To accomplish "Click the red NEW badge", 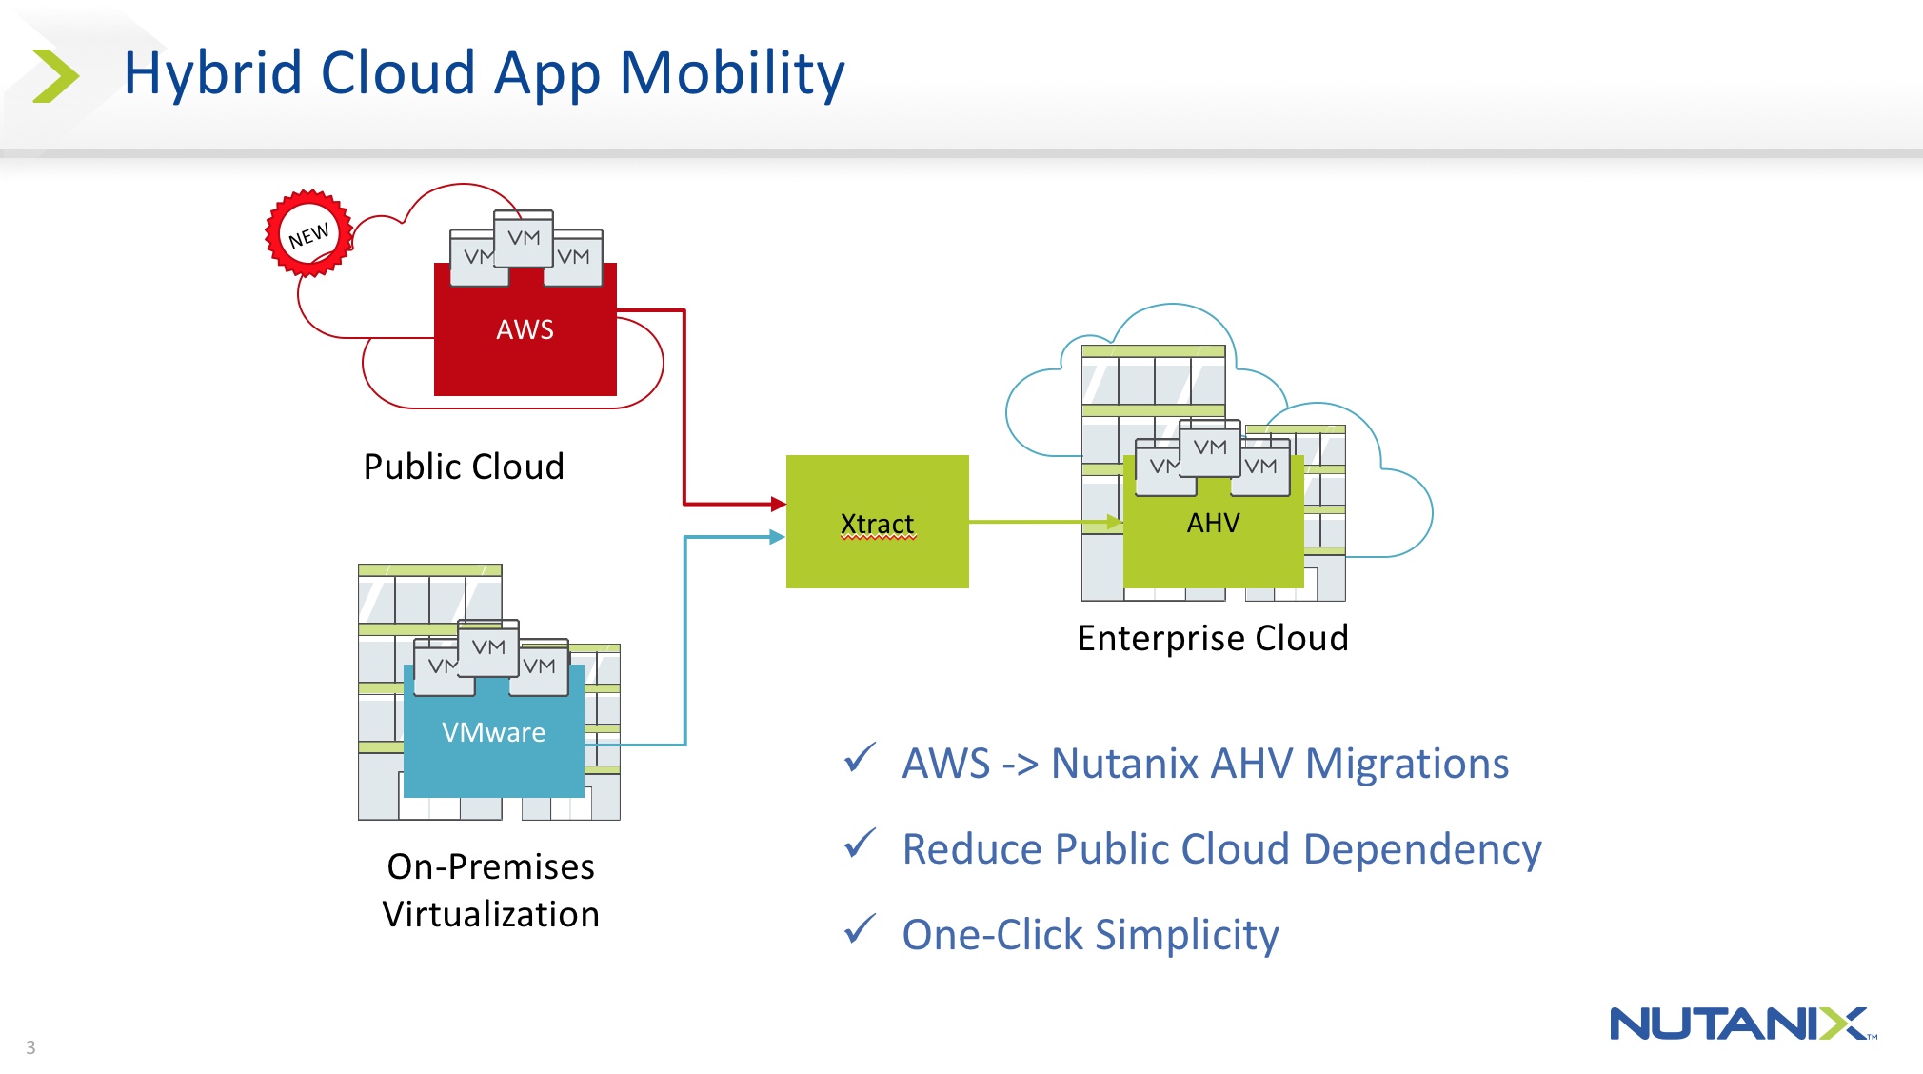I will click(x=308, y=234).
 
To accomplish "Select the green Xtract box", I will click(x=877, y=522).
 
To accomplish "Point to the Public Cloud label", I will click(x=464, y=467).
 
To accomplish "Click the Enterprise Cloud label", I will click(x=1213, y=638).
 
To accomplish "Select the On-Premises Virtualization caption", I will click(x=490, y=889).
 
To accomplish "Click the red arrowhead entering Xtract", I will click(x=778, y=504).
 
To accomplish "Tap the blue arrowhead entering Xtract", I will click(x=777, y=537).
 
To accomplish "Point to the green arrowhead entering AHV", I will click(x=1114, y=522).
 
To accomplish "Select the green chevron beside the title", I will click(x=55, y=76).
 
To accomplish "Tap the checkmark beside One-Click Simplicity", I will click(x=860, y=929).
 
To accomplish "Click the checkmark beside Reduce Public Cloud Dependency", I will click(x=860, y=844).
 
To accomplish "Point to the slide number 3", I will click(x=30, y=1047).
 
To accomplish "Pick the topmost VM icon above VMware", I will click(x=488, y=646).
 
